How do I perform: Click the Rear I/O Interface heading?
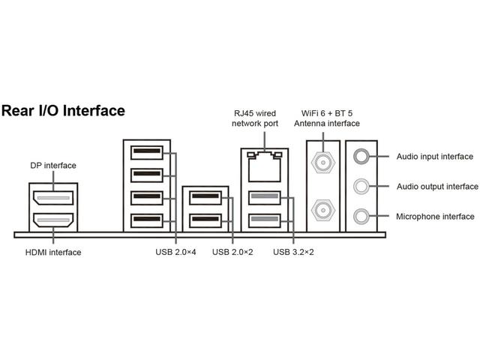click(63, 111)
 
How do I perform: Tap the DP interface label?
click(53, 165)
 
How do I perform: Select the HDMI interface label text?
click(53, 252)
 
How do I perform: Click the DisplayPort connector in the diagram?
click(53, 199)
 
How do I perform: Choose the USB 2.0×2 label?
click(232, 252)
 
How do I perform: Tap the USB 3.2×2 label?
click(293, 252)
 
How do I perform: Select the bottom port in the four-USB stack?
click(146, 220)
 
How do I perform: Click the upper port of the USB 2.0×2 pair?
click(205, 199)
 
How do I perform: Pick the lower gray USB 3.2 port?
click(264, 220)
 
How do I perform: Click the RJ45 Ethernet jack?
click(264, 166)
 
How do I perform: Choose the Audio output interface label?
click(436, 187)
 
